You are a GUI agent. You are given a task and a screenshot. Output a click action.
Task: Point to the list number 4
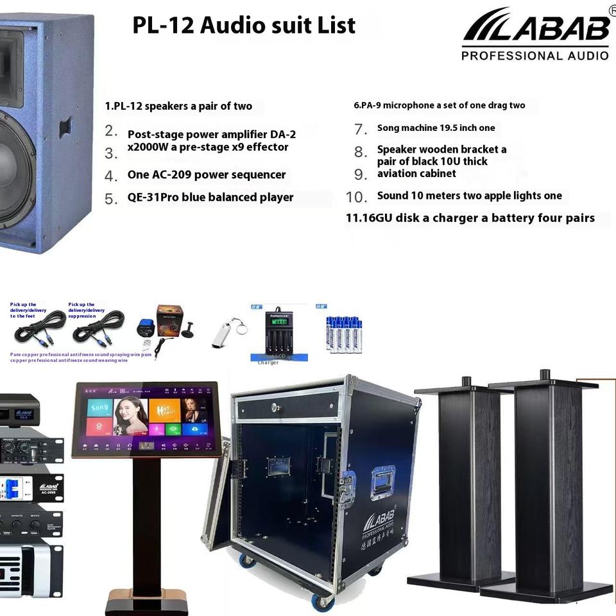point(111,176)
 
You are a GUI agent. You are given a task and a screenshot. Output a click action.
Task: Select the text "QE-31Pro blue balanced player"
point(210,197)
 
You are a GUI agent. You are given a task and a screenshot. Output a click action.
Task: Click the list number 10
point(356,196)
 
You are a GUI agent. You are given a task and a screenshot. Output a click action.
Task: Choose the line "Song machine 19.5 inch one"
point(436,128)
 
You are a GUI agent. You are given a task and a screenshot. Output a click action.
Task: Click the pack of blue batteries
point(343,334)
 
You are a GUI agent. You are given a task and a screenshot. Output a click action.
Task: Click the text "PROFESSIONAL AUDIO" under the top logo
point(535,56)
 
